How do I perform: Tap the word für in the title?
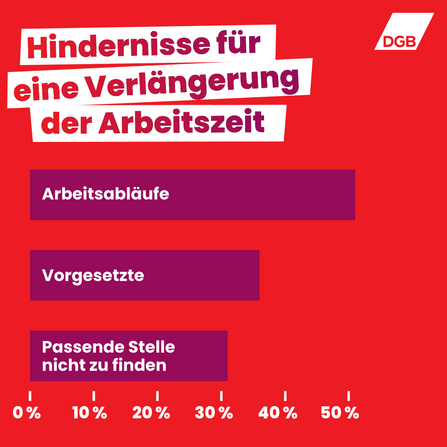[238, 45]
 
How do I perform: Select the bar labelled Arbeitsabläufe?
[260, 195]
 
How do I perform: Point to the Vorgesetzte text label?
[92, 275]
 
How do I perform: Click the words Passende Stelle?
[107, 347]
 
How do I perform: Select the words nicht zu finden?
[102, 366]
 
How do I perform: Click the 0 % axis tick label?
[27, 411]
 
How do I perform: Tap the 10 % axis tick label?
[90, 411]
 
